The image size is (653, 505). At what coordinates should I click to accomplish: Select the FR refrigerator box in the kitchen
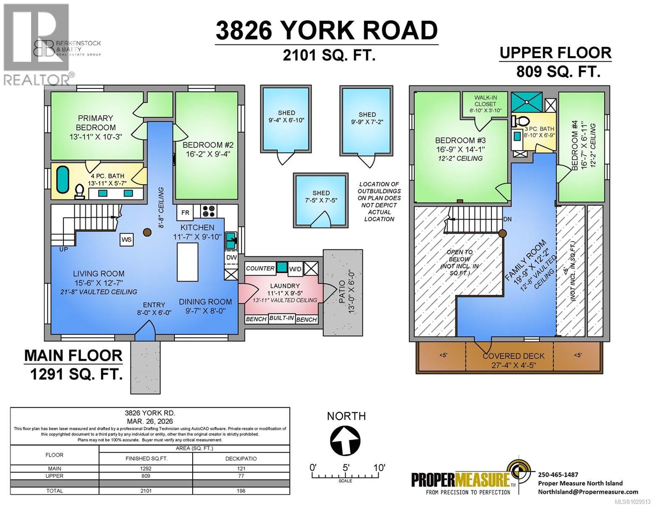[x=185, y=213]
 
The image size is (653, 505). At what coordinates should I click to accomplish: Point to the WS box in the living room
[x=127, y=239]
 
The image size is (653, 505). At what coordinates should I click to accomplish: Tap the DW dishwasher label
[x=231, y=257]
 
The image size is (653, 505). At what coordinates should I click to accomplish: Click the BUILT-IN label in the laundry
[x=281, y=318]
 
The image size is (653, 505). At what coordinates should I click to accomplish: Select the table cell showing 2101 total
[x=146, y=491]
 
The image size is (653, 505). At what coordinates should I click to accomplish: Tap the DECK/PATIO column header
[x=241, y=458]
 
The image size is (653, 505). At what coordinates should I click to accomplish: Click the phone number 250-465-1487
[x=558, y=474]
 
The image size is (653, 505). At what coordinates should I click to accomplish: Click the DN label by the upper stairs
[x=508, y=220]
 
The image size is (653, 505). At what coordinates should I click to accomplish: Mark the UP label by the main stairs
[x=63, y=250]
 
